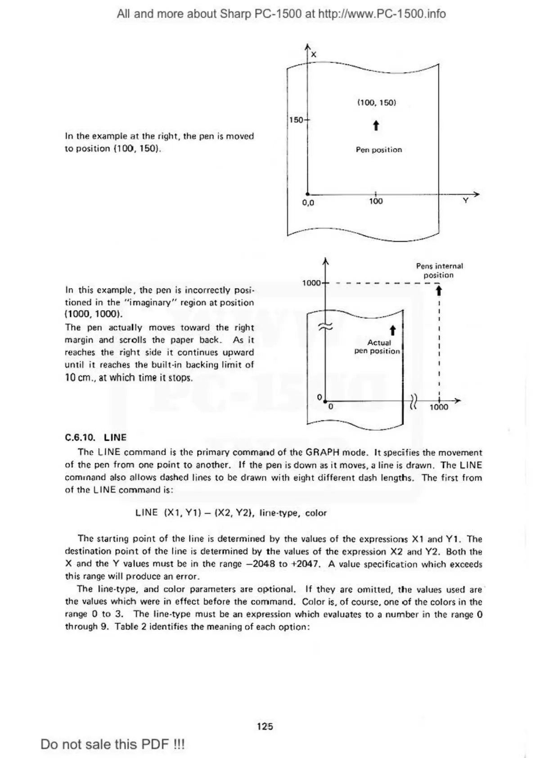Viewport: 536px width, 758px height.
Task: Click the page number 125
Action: click(x=265, y=726)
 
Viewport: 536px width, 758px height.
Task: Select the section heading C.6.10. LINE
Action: click(x=96, y=437)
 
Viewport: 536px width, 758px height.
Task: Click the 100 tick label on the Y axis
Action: click(x=376, y=202)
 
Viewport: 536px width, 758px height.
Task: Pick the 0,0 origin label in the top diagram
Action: click(x=308, y=203)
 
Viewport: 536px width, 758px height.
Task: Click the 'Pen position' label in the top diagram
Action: click(x=378, y=150)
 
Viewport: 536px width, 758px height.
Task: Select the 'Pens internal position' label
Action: click(x=439, y=271)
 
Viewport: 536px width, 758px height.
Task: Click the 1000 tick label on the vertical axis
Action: click(x=311, y=283)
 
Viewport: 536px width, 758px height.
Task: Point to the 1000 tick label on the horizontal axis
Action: click(x=439, y=407)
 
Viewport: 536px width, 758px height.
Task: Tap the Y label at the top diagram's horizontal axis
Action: click(x=465, y=201)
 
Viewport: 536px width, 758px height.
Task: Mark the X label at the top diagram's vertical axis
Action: click(x=314, y=54)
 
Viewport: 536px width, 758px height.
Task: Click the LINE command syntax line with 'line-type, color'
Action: click(x=231, y=513)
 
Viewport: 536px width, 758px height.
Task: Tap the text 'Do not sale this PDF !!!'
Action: click(x=113, y=744)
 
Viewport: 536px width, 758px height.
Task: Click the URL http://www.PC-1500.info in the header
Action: click(x=382, y=14)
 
